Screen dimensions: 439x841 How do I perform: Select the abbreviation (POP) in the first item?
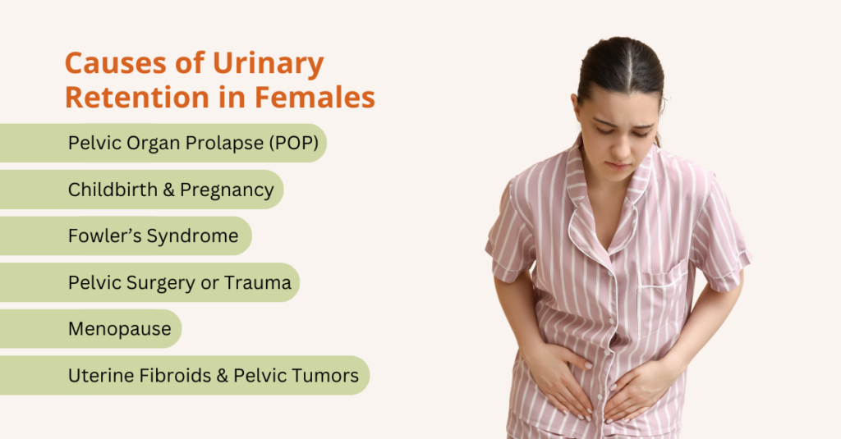pyautogui.click(x=292, y=143)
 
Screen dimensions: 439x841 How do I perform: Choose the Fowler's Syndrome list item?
pyautogui.click(x=153, y=236)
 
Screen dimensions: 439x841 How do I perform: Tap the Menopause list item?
pyautogui.click(x=120, y=329)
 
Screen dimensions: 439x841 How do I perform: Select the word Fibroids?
pyautogui.click(x=177, y=376)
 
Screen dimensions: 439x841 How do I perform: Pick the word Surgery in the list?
pyautogui.click(x=175, y=284)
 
